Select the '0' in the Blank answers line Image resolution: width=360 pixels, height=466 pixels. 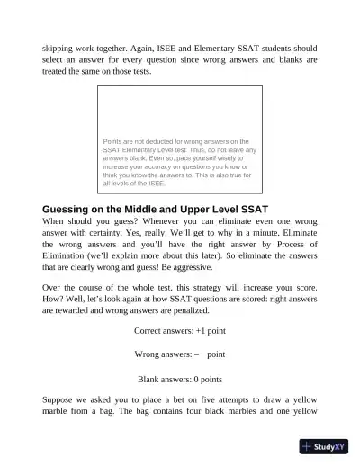[193, 379]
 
